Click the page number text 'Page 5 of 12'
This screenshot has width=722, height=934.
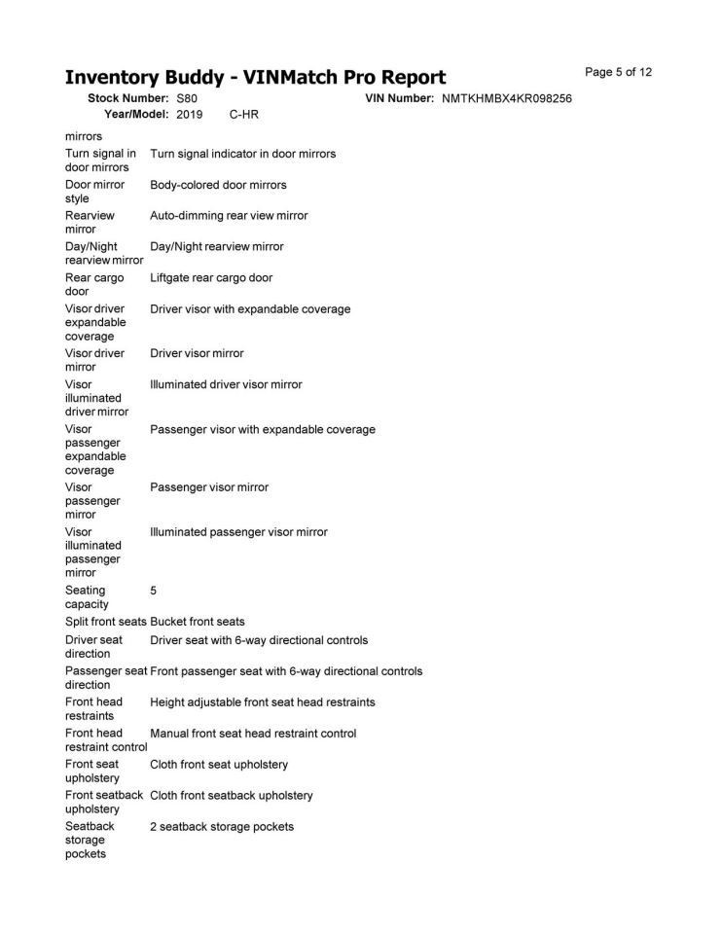(618, 72)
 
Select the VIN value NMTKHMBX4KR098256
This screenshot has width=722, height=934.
(506, 99)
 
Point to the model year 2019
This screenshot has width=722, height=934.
(190, 115)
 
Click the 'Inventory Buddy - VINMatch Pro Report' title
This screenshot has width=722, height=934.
(255, 78)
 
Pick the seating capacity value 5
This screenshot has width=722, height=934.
(154, 591)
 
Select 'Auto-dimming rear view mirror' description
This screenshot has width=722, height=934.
(229, 216)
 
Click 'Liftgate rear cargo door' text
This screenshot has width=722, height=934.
(211, 278)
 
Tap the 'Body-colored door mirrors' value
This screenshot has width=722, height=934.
(218, 185)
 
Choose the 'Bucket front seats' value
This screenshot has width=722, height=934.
(198, 622)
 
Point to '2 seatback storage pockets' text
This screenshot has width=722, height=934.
(222, 827)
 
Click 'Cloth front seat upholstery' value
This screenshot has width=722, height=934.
(219, 765)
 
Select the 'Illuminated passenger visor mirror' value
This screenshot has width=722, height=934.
(238, 532)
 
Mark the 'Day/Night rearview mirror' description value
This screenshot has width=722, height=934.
(217, 247)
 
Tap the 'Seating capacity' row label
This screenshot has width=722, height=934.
(87, 597)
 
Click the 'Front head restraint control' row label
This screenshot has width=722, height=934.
(105, 739)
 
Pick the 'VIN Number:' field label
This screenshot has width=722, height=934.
(399, 99)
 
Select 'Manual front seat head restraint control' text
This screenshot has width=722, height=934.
(253, 734)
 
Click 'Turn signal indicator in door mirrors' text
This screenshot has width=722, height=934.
(242, 154)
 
